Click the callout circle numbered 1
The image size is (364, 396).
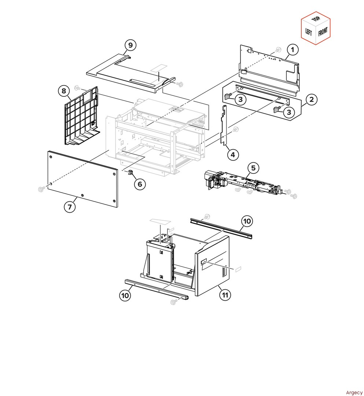pos(293,49)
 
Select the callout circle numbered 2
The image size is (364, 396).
pos(312,99)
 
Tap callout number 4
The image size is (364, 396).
pos(233,155)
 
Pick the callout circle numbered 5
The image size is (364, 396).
pos(253,168)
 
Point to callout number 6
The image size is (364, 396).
pos(140,184)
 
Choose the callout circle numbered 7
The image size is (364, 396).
pos(70,207)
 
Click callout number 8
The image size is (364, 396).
pos(64,91)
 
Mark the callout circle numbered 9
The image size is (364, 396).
pos(130,45)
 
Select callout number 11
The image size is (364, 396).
pos(225,295)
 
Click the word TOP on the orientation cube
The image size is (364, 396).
pos(316,19)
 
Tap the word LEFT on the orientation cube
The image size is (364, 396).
pos(309,32)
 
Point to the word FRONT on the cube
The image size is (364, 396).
pos(323,32)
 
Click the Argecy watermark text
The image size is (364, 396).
pos(354,392)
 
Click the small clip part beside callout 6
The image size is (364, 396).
pos(131,172)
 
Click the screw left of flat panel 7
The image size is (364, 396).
pos(41,189)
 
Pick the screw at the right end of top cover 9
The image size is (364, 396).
pos(180,84)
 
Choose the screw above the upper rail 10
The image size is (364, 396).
pos(207,216)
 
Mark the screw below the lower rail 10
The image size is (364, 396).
pos(174,302)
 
